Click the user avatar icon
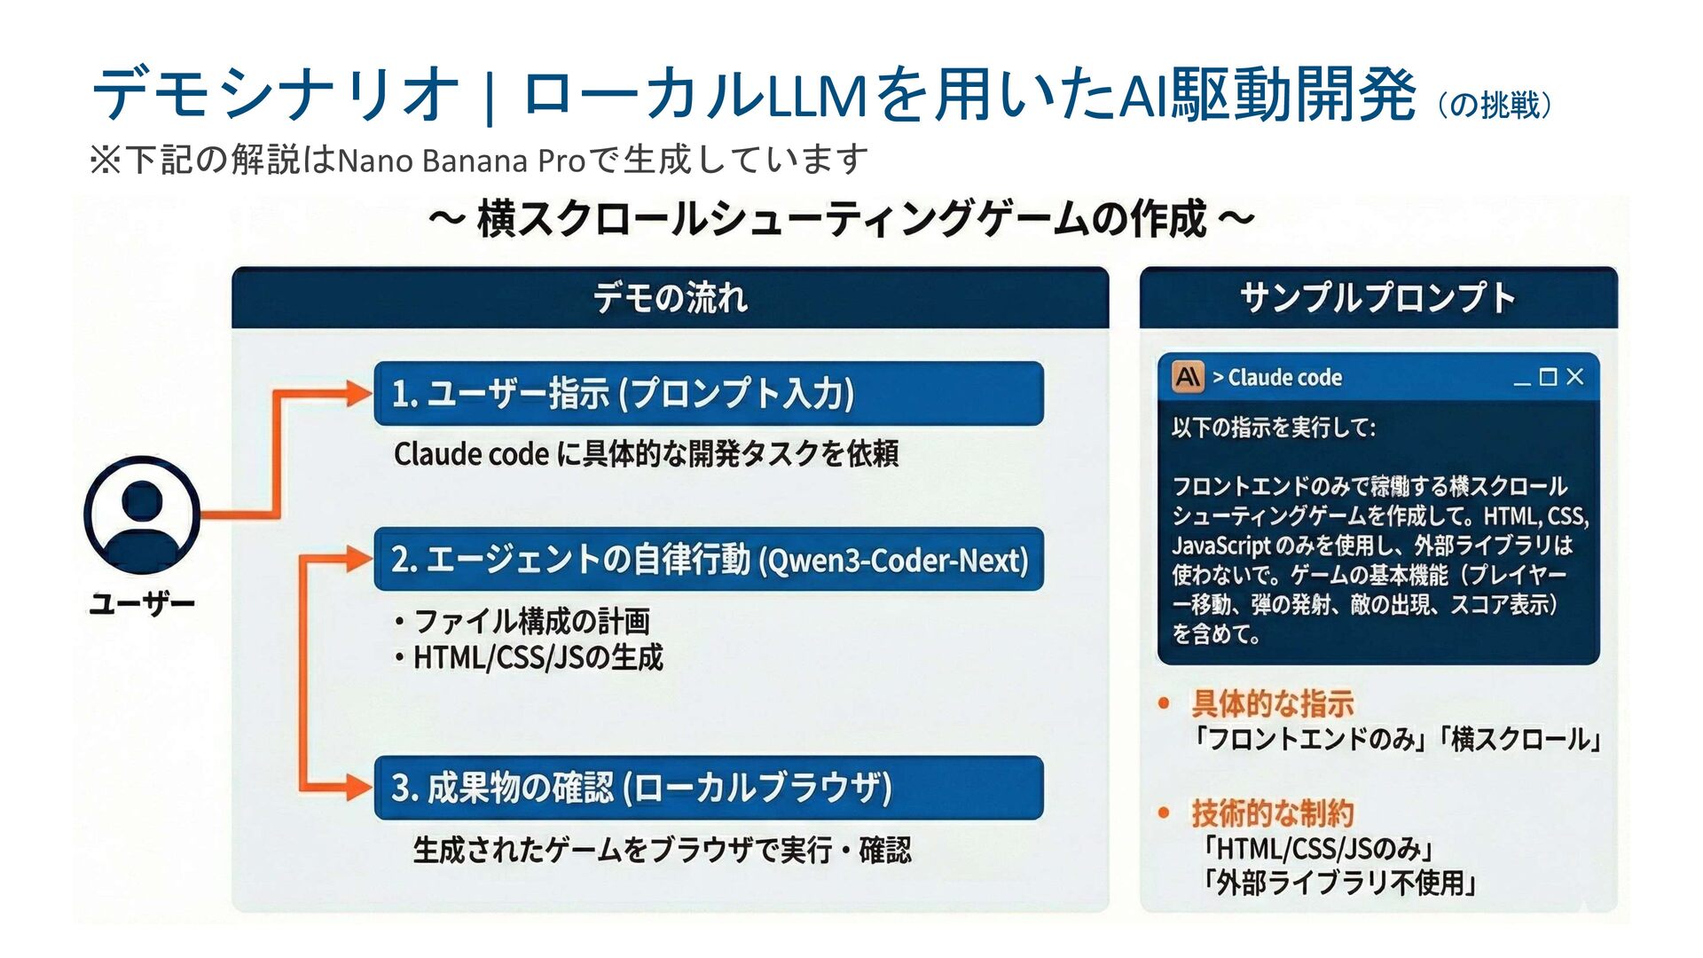[x=142, y=514]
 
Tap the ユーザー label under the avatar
[x=142, y=604]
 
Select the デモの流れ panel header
[x=670, y=297]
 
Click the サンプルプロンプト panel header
[x=1377, y=297]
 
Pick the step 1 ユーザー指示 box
[x=708, y=393]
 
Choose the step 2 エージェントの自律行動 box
[x=708, y=560]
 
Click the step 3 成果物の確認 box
[x=708, y=788]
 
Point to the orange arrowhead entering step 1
[x=358, y=393]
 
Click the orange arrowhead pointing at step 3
[x=358, y=787]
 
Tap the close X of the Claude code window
[x=1575, y=377]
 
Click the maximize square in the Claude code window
[x=1549, y=377]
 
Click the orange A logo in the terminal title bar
[x=1188, y=377]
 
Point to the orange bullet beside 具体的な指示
[x=1164, y=704]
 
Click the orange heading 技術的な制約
[x=1272, y=813]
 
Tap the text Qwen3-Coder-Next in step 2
[x=896, y=561]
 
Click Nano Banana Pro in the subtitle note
[x=461, y=161]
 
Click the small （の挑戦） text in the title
[x=1495, y=105]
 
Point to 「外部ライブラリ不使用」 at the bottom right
[x=1339, y=883]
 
